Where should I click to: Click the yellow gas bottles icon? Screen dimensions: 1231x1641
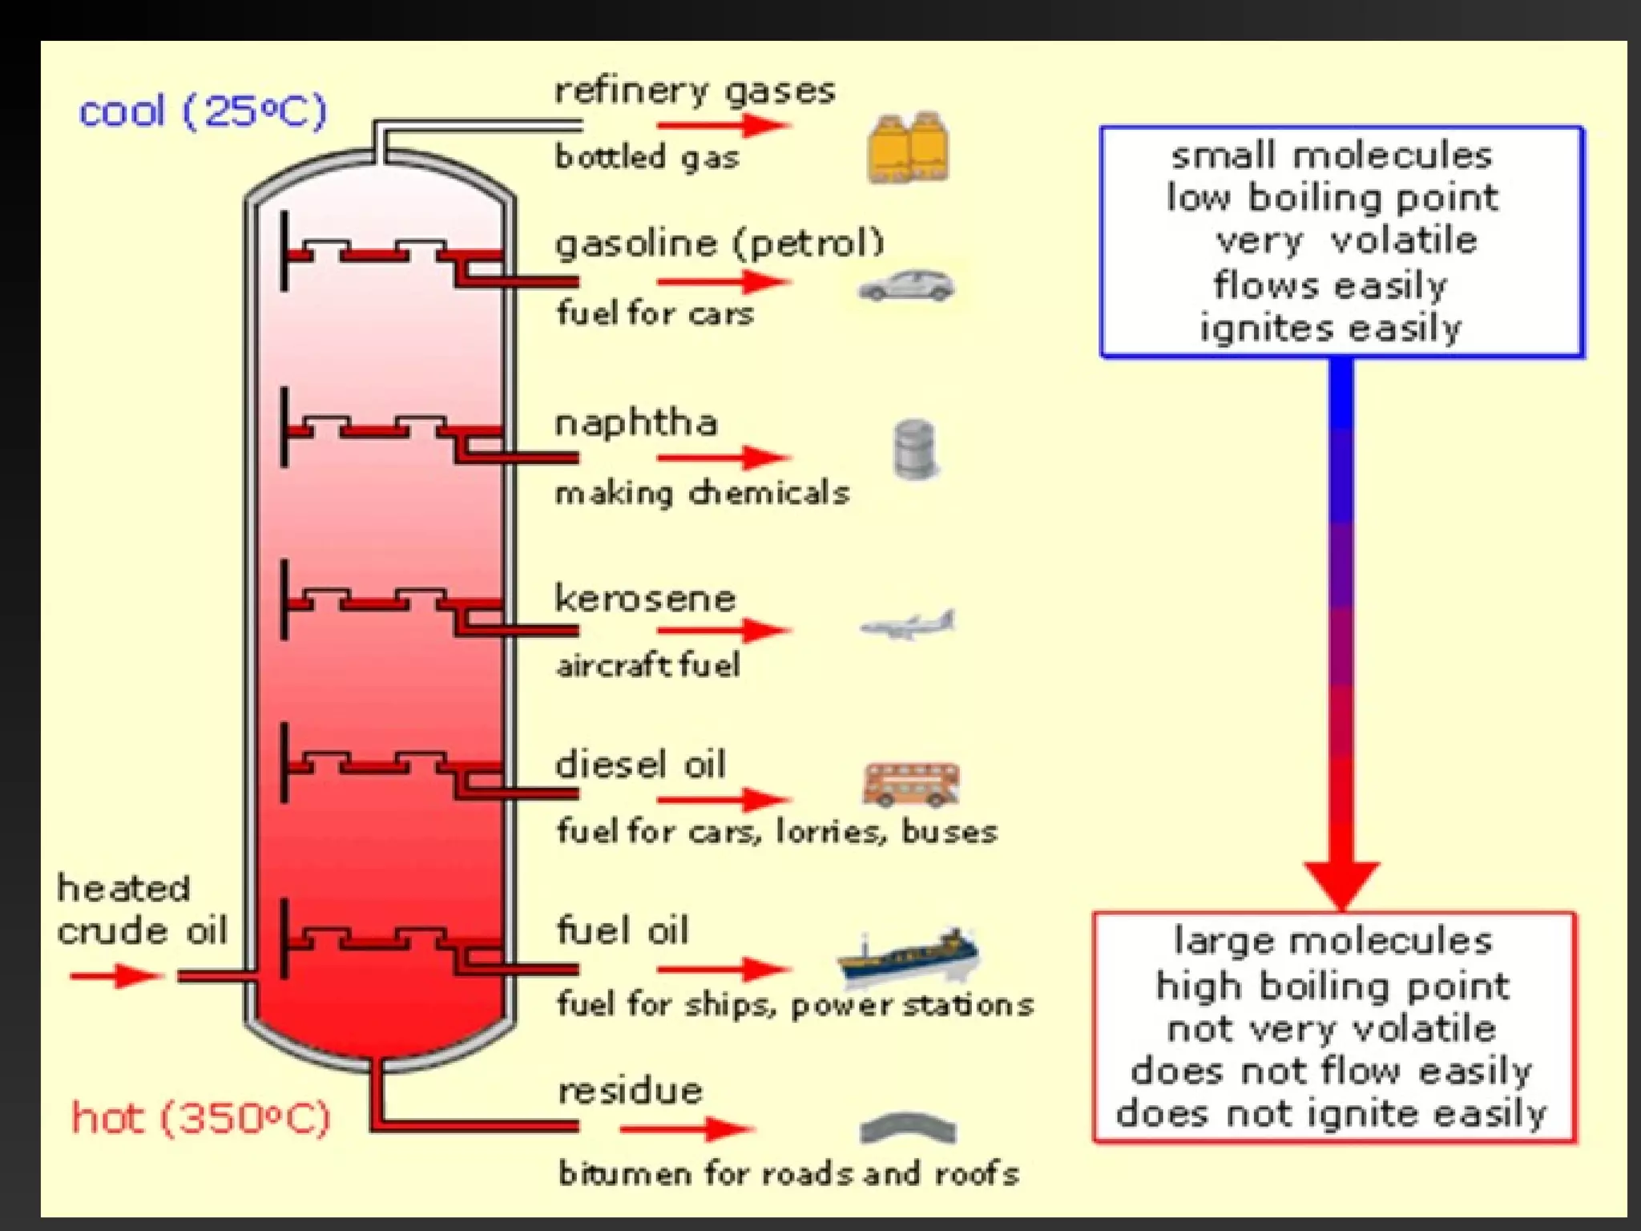point(908,148)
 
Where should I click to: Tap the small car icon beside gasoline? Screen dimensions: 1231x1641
point(906,286)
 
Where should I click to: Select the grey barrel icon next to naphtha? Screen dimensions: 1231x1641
point(914,450)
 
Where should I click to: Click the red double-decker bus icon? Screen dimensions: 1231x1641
point(911,783)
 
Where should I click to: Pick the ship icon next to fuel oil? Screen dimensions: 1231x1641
point(908,955)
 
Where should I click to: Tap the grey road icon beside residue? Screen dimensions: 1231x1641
point(907,1128)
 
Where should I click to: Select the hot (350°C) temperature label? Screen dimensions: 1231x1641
point(201,1117)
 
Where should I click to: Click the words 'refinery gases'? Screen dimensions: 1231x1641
point(695,91)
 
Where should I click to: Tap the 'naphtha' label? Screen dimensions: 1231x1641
point(636,422)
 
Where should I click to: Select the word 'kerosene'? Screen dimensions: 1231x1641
point(645,599)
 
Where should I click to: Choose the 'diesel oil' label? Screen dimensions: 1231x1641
point(641,765)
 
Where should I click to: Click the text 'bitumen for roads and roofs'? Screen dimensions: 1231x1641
point(788,1174)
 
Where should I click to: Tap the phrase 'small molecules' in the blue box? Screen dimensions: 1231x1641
point(1332,155)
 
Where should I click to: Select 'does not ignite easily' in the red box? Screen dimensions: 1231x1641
point(1331,1113)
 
